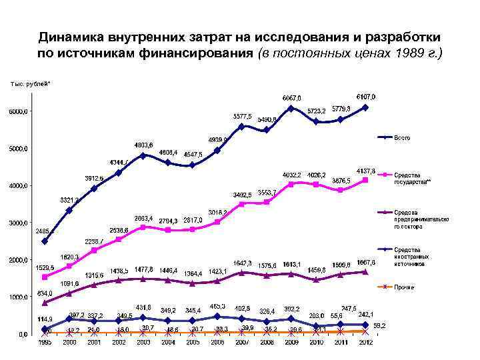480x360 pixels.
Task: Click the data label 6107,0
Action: (x=366, y=97)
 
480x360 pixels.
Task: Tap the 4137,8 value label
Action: (x=365, y=171)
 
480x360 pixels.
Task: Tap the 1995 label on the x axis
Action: (x=45, y=341)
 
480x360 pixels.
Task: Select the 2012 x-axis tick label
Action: (x=365, y=341)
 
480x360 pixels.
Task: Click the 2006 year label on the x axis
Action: (x=217, y=341)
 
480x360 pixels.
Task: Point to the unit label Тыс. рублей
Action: (x=29, y=83)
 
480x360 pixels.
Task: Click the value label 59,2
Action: (x=379, y=325)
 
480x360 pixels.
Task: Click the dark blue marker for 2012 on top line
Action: (x=365, y=107)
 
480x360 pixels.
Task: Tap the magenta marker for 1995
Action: (x=45, y=277)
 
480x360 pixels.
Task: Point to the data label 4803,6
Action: (x=143, y=145)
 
